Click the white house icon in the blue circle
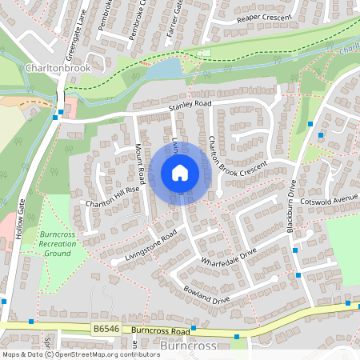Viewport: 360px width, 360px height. pos(180,172)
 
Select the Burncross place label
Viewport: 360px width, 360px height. pos(189,346)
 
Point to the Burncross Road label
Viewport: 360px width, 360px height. pos(161,330)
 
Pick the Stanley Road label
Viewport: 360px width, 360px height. pos(189,105)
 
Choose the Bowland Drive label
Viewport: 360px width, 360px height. pos(206,294)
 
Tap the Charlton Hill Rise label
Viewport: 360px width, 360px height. pos(113,198)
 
